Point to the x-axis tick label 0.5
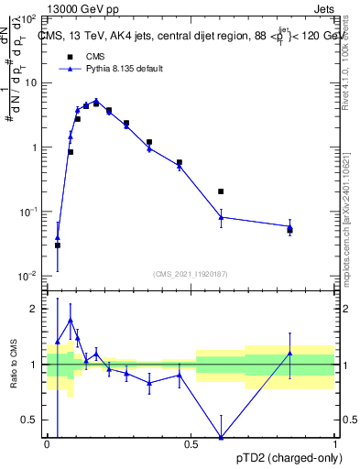click(x=191, y=444)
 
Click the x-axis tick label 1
click(x=334, y=444)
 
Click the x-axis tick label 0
click(x=47, y=444)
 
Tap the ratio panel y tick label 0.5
click(x=31, y=420)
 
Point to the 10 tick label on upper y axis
click(x=31, y=83)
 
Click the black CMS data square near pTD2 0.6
click(x=221, y=191)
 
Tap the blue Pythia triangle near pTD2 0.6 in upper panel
click(x=221, y=216)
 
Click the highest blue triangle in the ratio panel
click(x=71, y=320)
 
